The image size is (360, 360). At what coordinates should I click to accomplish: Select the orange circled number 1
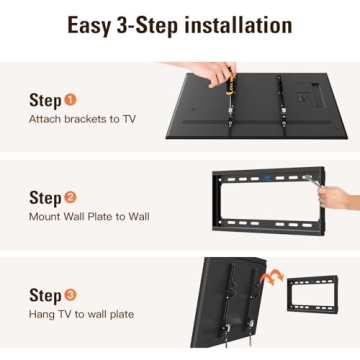(x=70, y=100)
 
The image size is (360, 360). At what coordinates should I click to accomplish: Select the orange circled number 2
(x=70, y=197)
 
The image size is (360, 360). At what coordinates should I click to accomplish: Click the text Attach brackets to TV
(x=83, y=119)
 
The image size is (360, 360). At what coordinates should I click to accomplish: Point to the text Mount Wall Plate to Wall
(x=90, y=216)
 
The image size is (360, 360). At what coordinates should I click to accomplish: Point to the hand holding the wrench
(x=340, y=196)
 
